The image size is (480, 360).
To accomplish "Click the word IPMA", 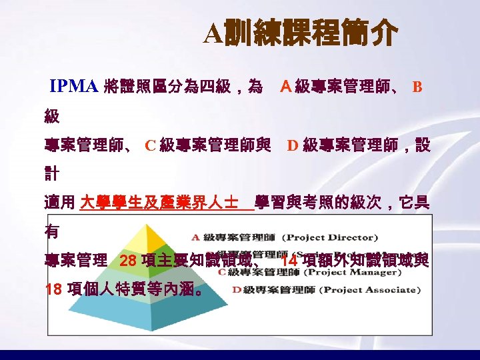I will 75,86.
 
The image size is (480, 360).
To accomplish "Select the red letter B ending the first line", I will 417,87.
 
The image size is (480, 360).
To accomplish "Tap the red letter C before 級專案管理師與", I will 150,145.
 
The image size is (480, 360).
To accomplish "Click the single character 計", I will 51,174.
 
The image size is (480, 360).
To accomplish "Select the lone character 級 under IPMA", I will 51,116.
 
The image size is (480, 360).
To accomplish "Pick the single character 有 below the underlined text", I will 51,232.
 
